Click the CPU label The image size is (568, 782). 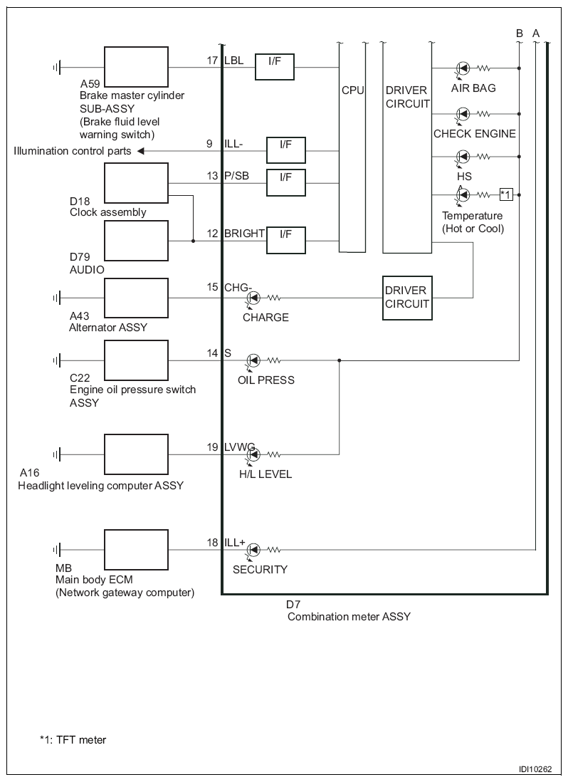click(x=353, y=90)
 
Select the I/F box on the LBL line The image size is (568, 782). click(x=275, y=67)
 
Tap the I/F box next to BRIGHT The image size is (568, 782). click(x=285, y=241)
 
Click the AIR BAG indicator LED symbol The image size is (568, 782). click(x=463, y=68)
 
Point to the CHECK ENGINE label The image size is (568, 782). click(x=474, y=134)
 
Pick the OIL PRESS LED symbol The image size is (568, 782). click(x=253, y=360)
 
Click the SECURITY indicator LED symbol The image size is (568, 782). click(x=253, y=550)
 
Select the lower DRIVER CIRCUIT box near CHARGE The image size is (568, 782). click(x=407, y=298)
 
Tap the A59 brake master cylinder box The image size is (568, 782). click(x=136, y=67)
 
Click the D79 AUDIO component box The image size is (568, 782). click(x=136, y=241)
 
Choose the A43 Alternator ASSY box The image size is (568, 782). click(x=136, y=298)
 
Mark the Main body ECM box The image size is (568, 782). click(x=136, y=550)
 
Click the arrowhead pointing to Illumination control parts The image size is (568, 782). click(x=140, y=150)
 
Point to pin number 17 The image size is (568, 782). click(x=213, y=61)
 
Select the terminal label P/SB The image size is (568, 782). click(x=236, y=175)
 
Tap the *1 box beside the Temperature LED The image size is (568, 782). click(x=505, y=194)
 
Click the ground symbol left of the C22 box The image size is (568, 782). click(x=57, y=360)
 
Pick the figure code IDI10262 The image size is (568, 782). click(x=535, y=769)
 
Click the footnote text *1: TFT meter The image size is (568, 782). click(x=73, y=739)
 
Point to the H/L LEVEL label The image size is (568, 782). click(x=265, y=474)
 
